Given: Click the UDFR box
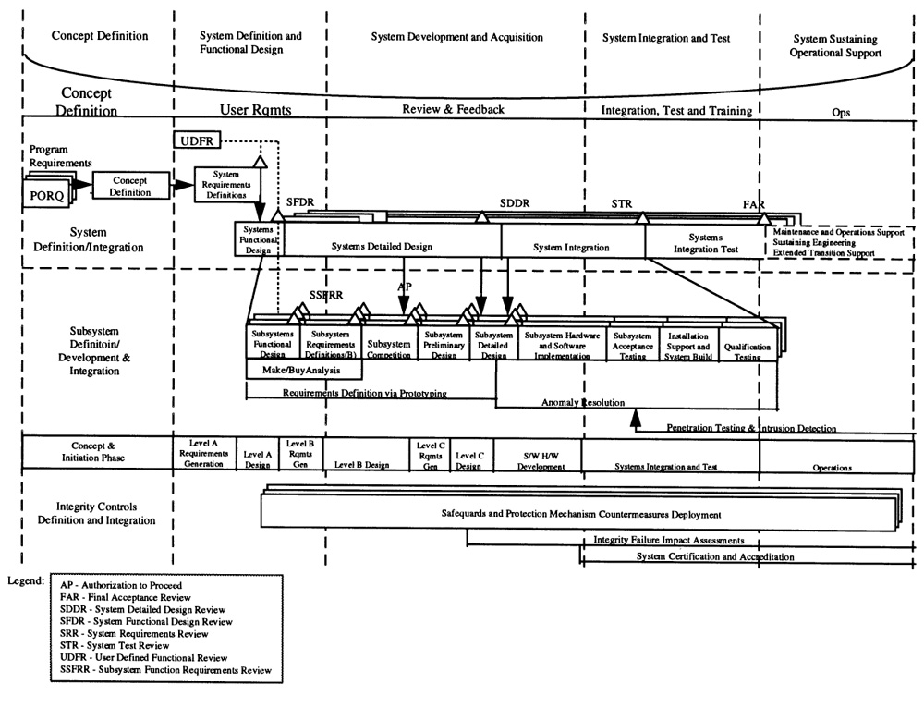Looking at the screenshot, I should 195,140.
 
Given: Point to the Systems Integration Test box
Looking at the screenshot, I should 701,242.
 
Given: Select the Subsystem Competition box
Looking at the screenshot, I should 389,348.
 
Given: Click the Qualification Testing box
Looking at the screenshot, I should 748,348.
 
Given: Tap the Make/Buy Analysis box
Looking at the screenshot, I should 303,369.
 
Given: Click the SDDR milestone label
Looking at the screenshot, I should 515,203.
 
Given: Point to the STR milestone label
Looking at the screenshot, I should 621,203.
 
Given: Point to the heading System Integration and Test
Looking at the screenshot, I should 666,38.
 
